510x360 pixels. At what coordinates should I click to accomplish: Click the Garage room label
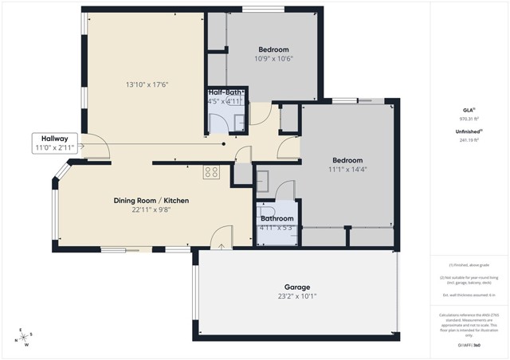(297, 287)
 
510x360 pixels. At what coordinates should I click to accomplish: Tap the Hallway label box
(54, 143)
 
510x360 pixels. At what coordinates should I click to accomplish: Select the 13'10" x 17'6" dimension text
(147, 84)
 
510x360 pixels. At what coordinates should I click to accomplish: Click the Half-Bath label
(227, 92)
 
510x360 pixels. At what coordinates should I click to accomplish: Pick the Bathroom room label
(277, 218)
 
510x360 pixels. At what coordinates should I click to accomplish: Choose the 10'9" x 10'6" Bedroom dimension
(274, 58)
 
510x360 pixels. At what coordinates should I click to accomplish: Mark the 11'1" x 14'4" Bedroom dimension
(347, 169)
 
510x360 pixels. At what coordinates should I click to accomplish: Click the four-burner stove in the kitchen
(211, 171)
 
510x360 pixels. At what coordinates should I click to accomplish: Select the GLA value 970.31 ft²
(469, 118)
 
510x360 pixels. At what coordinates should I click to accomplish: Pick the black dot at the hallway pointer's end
(224, 144)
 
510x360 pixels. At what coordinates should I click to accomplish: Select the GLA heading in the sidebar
(469, 109)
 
